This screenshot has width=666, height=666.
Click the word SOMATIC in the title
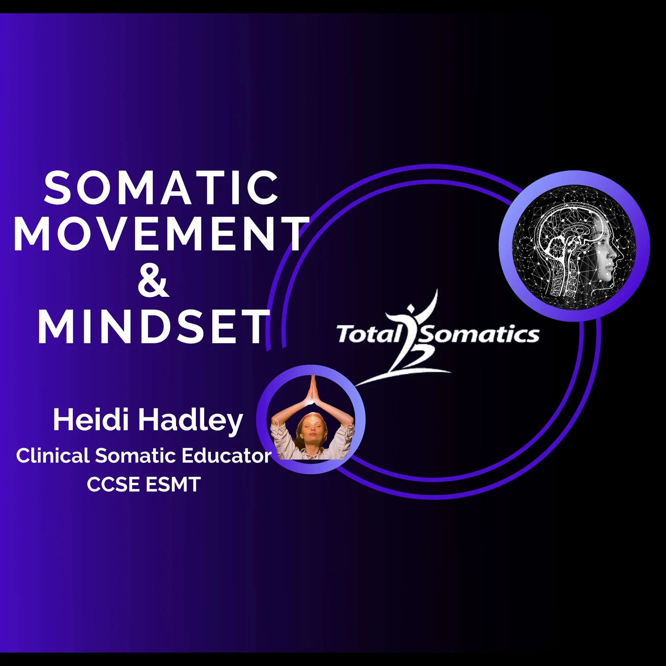(x=161, y=188)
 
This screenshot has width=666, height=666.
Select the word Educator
(x=226, y=456)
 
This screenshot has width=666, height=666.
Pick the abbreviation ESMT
(x=173, y=485)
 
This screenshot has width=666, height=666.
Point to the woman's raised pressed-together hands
(x=313, y=389)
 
